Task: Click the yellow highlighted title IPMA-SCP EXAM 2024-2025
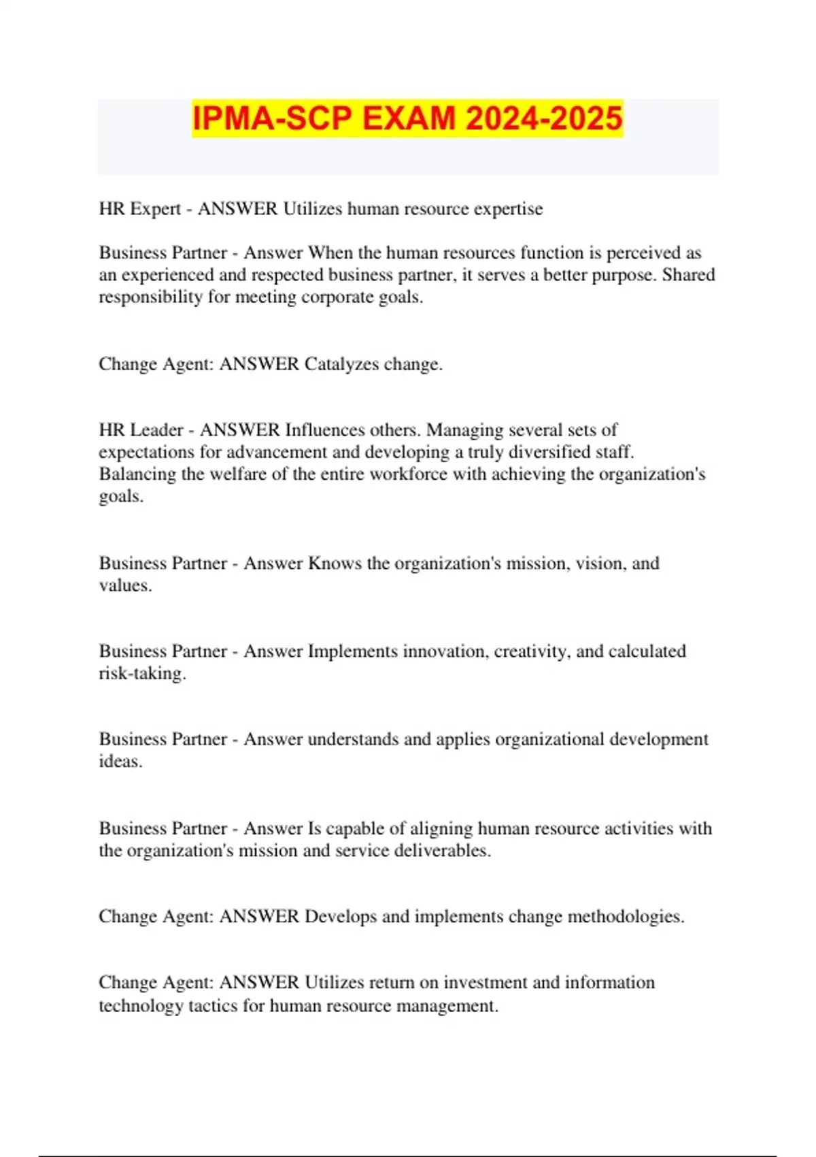[x=407, y=118]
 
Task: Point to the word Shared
[x=688, y=275]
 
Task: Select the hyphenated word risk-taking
[x=142, y=674]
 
